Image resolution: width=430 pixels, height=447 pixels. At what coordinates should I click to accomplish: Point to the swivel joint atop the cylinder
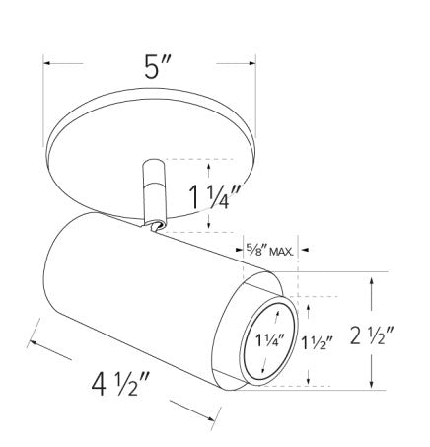pyautogui.click(x=156, y=228)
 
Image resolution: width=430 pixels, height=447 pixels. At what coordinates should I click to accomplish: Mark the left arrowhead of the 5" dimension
pyautogui.click(x=46, y=66)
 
